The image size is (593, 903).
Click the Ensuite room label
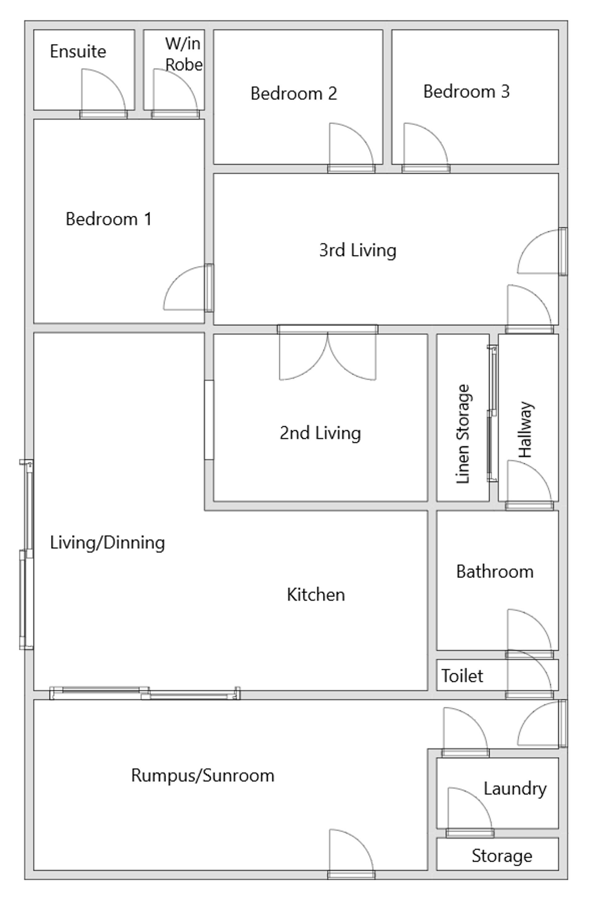[78, 51]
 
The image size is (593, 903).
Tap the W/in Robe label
[184, 54]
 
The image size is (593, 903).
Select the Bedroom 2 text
[294, 93]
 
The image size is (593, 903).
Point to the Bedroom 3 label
[466, 92]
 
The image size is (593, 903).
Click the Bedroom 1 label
[109, 219]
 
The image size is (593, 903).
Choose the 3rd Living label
[358, 250]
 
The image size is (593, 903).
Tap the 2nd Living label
[320, 433]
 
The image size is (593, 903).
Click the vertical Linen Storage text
[463, 434]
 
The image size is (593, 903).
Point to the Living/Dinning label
[107, 543]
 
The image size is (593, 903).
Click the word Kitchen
[316, 594]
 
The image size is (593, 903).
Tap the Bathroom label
[495, 571]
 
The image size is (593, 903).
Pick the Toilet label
[462, 676]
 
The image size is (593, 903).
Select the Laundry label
[515, 789]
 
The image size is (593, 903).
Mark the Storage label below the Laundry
[502, 856]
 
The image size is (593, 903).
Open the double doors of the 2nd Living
[328, 352]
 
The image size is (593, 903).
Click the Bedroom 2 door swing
[351, 148]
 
